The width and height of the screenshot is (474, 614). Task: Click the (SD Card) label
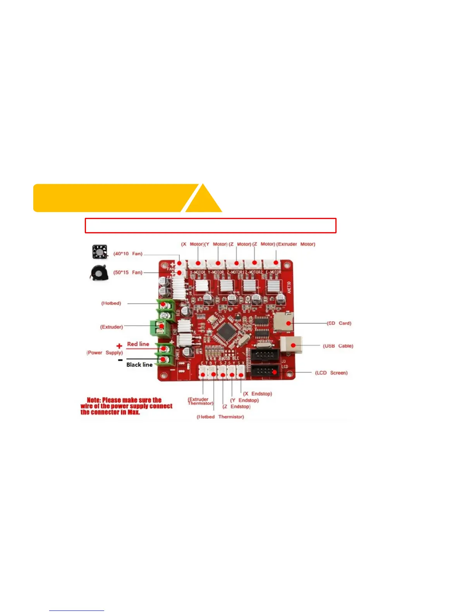click(x=339, y=323)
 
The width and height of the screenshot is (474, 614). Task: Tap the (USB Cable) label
click(x=338, y=346)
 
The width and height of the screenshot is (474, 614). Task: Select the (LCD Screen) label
click(x=331, y=373)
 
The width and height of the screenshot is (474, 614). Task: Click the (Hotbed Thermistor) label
click(x=220, y=417)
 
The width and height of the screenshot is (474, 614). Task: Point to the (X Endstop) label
click(x=258, y=394)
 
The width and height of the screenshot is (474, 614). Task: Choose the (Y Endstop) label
click(x=244, y=400)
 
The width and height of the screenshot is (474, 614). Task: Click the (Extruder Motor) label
click(x=296, y=244)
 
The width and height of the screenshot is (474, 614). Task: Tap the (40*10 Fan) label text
click(x=128, y=254)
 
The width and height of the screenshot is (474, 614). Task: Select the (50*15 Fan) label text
click(x=128, y=273)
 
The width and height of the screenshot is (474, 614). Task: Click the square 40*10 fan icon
click(x=100, y=252)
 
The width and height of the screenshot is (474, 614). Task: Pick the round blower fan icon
click(x=99, y=273)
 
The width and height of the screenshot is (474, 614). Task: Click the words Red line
click(x=138, y=344)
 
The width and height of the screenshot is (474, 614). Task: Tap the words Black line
click(x=139, y=365)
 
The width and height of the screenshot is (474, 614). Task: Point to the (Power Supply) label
click(x=105, y=353)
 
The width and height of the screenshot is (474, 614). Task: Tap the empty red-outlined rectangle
click(x=210, y=226)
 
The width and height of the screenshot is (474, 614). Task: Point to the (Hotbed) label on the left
click(x=111, y=303)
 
